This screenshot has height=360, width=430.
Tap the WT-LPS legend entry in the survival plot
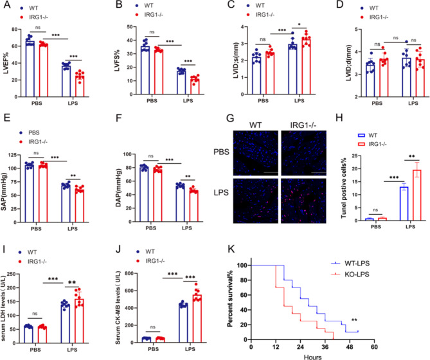click(x=350, y=264)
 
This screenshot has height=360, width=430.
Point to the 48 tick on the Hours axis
click(x=350, y=347)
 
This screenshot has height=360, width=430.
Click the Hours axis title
click(x=312, y=357)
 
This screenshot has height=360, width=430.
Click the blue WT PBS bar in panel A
click(x=30, y=69)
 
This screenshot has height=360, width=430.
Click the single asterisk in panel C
click(x=299, y=25)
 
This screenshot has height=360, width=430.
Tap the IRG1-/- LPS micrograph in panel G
click(x=303, y=201)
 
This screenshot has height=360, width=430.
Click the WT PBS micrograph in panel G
click(x=256, y=153)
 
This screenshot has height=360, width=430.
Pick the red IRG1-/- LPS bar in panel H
click(x=417, y=195)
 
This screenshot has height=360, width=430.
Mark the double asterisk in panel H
click(x=412, y=156)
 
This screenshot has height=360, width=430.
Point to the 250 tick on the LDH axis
click(x=12, y=274)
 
